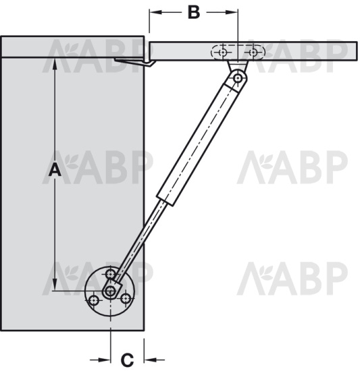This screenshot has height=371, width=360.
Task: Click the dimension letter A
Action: pos(55,169)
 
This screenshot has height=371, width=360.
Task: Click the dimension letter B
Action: pos(194,12)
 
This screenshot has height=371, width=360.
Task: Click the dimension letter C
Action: pos(127,360)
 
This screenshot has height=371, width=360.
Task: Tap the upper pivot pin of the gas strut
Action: pos(237,78)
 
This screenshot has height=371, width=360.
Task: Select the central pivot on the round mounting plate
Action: pos(110,291)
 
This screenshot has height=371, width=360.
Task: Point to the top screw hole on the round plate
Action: pos(110,275)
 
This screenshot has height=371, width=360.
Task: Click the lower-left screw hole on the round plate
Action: pos(94,301)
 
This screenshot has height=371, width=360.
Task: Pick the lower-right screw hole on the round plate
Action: pos(126,299)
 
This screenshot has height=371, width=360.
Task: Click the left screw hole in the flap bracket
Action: pos(223,53)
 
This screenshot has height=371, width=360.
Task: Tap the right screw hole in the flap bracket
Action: pos(253,53)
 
